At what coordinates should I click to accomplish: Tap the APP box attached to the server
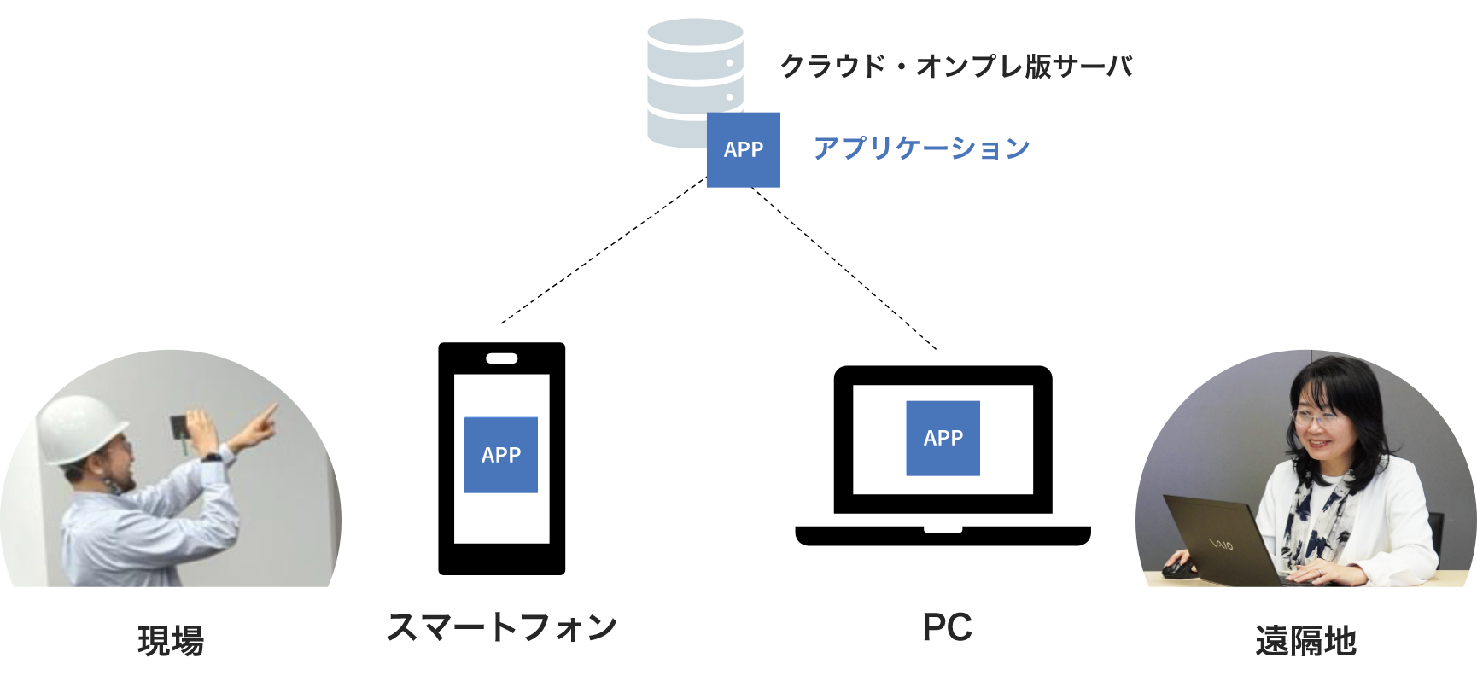tap(743, 149)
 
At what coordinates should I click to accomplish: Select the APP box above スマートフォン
tap(501, 455)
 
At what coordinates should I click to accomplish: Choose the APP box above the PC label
tap(943, 438)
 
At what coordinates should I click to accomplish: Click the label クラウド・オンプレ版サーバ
tap(955, 67)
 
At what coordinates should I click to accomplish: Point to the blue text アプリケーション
tap(921, 148)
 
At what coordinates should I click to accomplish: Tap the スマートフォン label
tap(501, 628)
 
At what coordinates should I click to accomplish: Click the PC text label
tap(947, 628)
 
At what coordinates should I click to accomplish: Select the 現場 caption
tap(171, 641)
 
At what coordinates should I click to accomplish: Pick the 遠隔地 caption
tap(1305, 641)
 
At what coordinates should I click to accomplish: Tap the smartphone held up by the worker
tap(180, 426)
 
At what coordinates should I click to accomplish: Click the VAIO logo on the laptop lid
tap(1220, 543)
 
